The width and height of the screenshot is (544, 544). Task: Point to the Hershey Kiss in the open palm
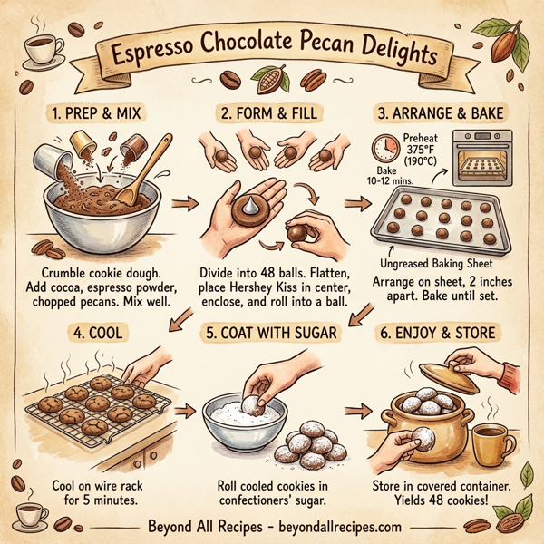[x=246, y=206]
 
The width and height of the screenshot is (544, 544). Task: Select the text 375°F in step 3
[x=420, y=151]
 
